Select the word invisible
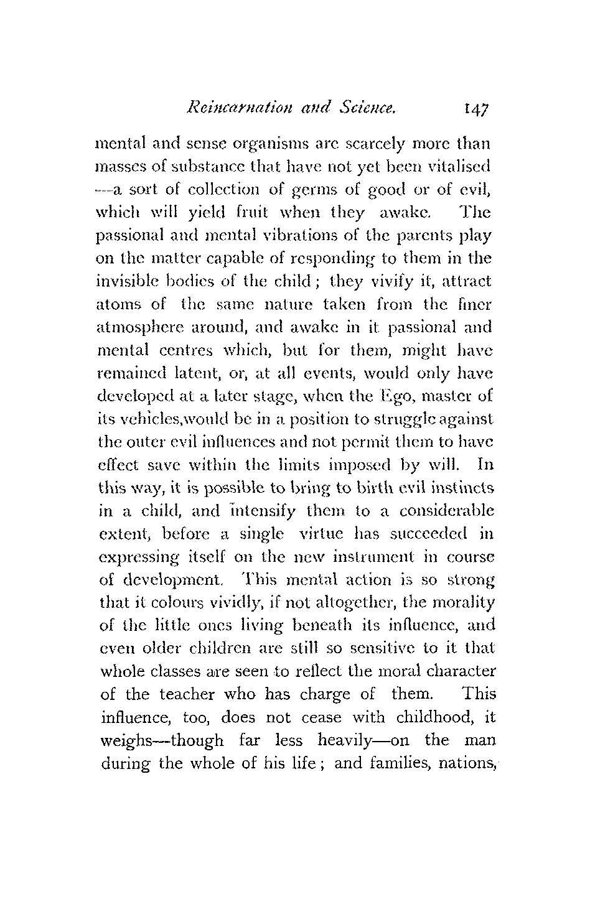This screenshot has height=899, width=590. pyautogui.click(x=129, y=281)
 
